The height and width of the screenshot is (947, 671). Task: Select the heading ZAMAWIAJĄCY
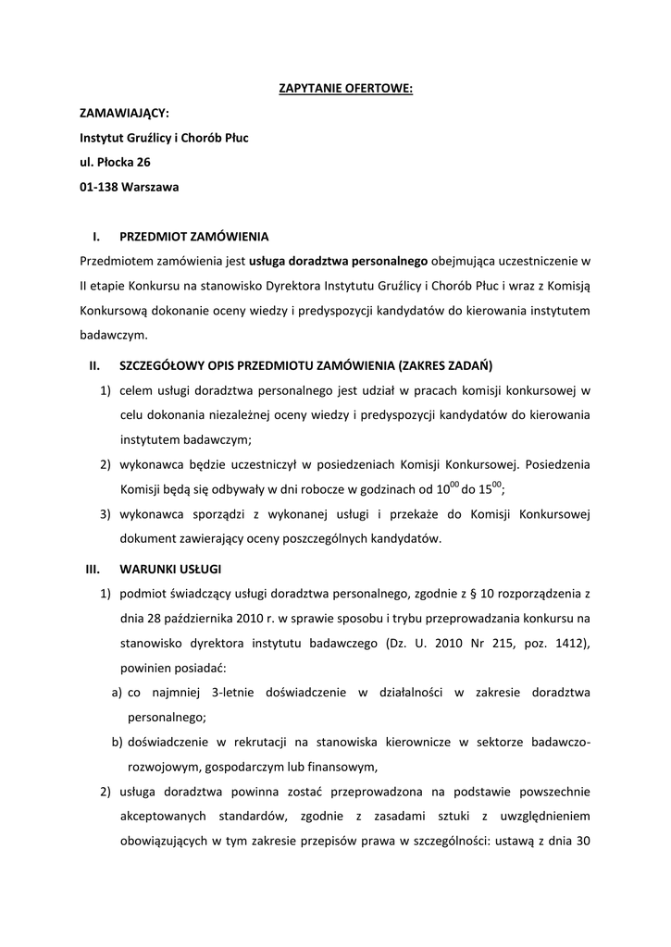pos(124,113)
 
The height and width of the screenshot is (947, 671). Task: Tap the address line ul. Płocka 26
pos(116,162)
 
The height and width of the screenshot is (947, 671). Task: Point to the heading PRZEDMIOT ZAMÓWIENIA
pos(194,236)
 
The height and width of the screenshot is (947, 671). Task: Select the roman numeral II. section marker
pos(94,365)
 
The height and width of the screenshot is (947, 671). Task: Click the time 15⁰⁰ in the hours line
pos(491,488)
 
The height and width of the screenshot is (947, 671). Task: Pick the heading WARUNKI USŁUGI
pos(170,567)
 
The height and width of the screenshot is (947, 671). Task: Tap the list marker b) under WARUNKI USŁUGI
pos(118,742)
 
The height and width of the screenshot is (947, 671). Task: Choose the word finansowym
pos(342,766)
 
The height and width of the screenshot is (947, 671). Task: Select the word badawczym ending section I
pos(114,336)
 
